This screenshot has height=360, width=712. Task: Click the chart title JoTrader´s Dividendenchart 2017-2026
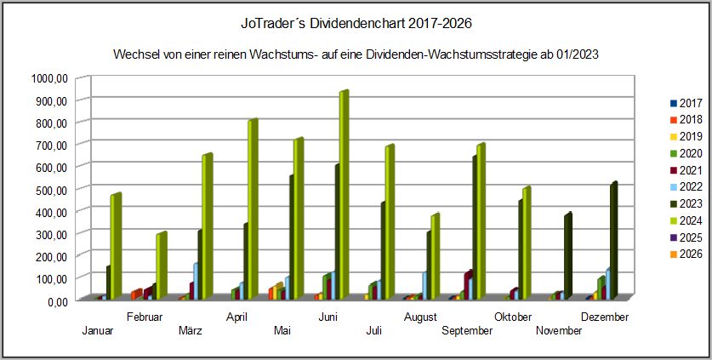(x=356, y=20)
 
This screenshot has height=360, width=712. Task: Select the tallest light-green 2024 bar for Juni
(x=343, y=196)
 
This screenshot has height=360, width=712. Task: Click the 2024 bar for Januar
(x=114, y=247)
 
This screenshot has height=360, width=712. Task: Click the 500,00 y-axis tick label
(x=50, y=188)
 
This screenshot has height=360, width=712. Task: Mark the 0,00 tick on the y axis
(x=55, y=300)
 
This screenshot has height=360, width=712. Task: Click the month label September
(x=467, y=331)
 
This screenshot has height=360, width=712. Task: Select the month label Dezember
(x=606, y=317)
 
